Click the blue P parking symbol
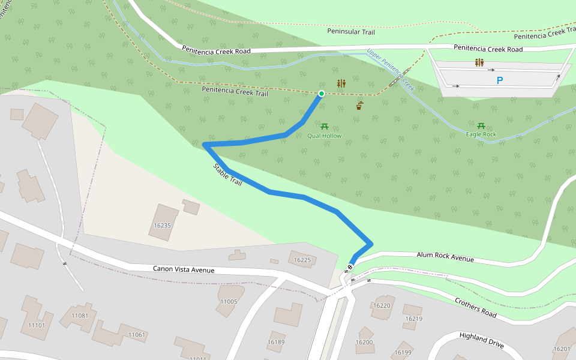[499, 80]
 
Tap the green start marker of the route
[322, 94]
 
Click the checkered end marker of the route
[350, 267]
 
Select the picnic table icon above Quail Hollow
[325, 127]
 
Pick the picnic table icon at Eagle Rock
[481, 125]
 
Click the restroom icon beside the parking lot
[479, 62]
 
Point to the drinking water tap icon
[359, 106]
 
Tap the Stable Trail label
[227, 175]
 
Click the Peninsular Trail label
[351, 31]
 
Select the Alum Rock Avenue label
[445, 257]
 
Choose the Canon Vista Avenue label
[183, 270]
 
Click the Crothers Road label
[475, 307]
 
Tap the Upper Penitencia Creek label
[391, 71]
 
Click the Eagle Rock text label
[481, 134]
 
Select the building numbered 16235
[163, 223]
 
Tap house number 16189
[276, 341]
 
